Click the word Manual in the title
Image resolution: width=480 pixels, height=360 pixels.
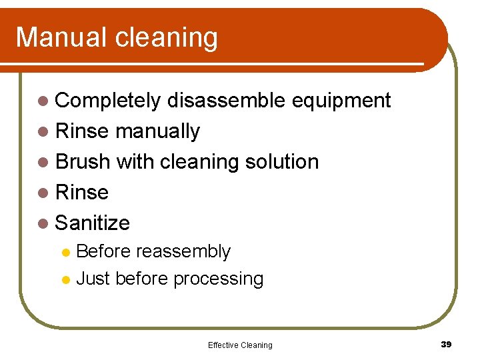pyautogui.click(x=62, y=37)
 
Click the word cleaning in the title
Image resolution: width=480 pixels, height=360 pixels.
pyautogui.click(x=167, y=39)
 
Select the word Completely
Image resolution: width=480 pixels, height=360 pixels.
pyautogui.click(x=107, y=101)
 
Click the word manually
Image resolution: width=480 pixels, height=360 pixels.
pyautogui.click(x=157, y=132)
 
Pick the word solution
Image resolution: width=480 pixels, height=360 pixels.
pyautogui.click(x=282, y=162)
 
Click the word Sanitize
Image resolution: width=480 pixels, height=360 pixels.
pyautogui.click(x=93, y=223)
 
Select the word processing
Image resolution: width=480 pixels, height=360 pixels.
pyautogui.click(x=218, y=279)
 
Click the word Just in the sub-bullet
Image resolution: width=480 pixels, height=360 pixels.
pyautogui.click(x=93, y=279)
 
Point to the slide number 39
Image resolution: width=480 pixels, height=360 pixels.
pyautogui.click(x=446, y=344)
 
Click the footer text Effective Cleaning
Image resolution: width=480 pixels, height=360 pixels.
pyautogui.click(x=240, y=345)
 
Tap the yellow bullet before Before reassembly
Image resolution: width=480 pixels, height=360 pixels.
pyautogui.click(x=66, y=253)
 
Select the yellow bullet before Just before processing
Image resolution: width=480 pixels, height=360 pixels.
pyautogui.click(x=66, y=279)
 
